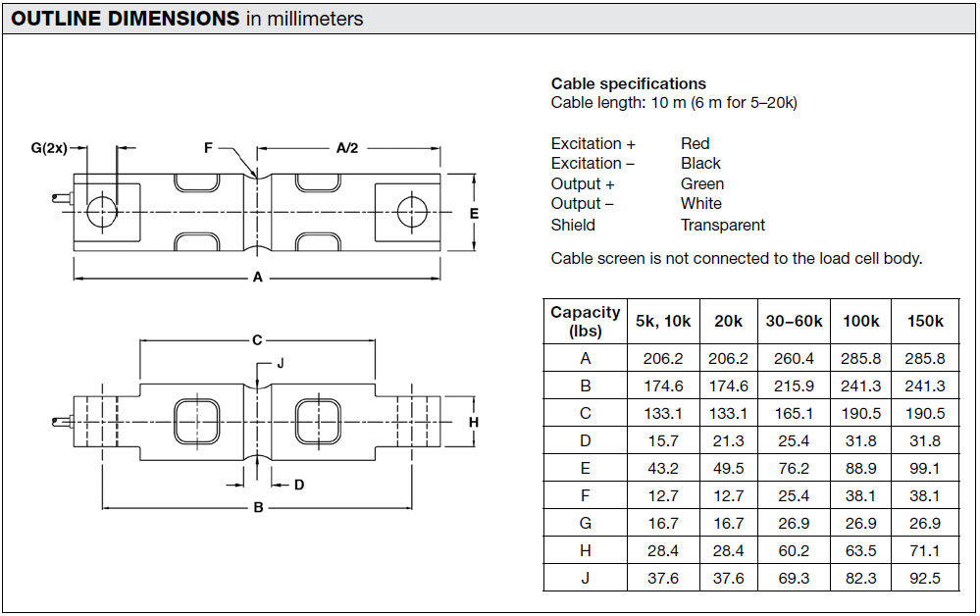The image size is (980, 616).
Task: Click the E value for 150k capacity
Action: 925,468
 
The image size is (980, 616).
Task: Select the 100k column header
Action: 860,321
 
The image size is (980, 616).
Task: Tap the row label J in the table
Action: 585,578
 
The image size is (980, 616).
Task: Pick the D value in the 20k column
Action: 728,440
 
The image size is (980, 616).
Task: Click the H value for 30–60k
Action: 794,550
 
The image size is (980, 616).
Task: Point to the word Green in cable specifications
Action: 702,183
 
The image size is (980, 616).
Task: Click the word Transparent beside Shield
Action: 723,225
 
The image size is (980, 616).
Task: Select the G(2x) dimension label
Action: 49,148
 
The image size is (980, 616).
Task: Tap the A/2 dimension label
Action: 347,148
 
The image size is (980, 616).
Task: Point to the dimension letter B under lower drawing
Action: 258,507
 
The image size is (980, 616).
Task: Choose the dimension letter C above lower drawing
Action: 257,339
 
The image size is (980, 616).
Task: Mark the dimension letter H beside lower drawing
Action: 474,423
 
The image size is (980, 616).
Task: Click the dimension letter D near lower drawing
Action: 299,485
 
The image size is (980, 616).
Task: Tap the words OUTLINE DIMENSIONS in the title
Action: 125,18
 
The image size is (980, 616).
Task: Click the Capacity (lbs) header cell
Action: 585,321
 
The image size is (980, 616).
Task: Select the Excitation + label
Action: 593,143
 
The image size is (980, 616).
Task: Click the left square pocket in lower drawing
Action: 197,421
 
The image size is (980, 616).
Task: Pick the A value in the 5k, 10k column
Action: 663,358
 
